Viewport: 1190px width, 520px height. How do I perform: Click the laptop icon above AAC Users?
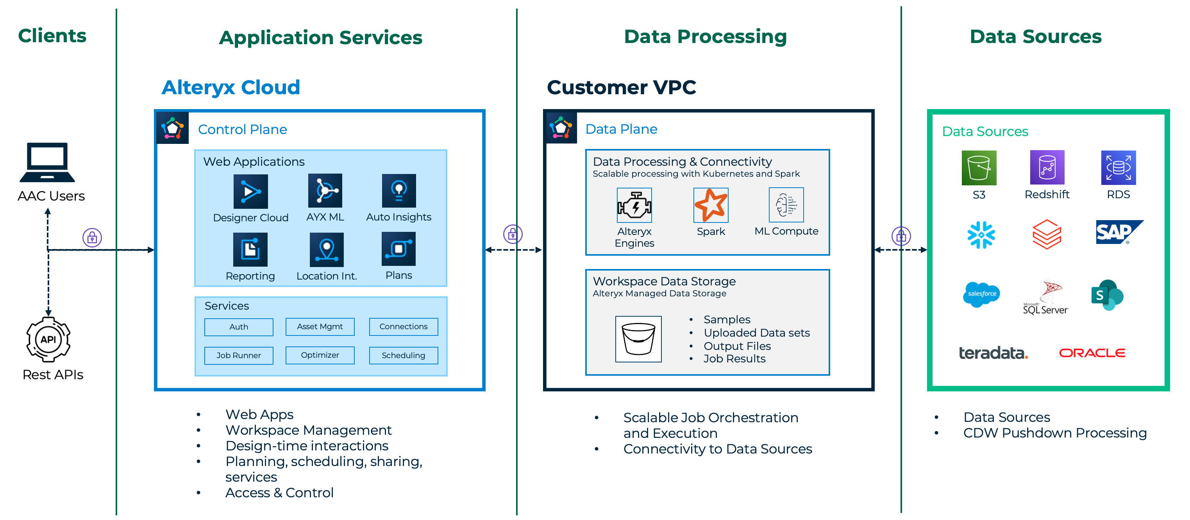[x=47, y=162]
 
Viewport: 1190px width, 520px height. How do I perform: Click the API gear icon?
[x=48, y=339]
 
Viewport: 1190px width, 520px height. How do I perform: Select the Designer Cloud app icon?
[x=250, y=191]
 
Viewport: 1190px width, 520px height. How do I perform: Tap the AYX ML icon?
[x=325, y=190]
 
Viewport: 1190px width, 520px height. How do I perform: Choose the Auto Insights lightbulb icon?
[x=398, y=190]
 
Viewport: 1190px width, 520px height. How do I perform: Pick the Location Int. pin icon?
[x=327, y=249]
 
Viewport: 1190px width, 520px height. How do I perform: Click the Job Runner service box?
[x=238, y=355]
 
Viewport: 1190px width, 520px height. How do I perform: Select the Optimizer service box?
[x=320, y=355]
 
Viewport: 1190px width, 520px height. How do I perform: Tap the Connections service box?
[x=403, y=327]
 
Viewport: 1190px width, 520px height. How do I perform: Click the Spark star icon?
[x=711, y=205]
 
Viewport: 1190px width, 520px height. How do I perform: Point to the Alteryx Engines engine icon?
[x=634, y=205]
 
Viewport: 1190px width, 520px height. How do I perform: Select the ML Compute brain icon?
[x=786, y=205]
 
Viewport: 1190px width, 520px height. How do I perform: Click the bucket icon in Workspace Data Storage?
[x=638, y=339]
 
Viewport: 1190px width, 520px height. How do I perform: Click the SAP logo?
[x=1118, y=232]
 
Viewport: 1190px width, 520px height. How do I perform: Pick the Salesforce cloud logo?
[x=981, y=294]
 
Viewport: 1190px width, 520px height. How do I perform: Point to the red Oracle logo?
[x=1092, y=353]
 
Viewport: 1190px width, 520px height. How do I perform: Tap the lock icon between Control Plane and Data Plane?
[x=513, y=234]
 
